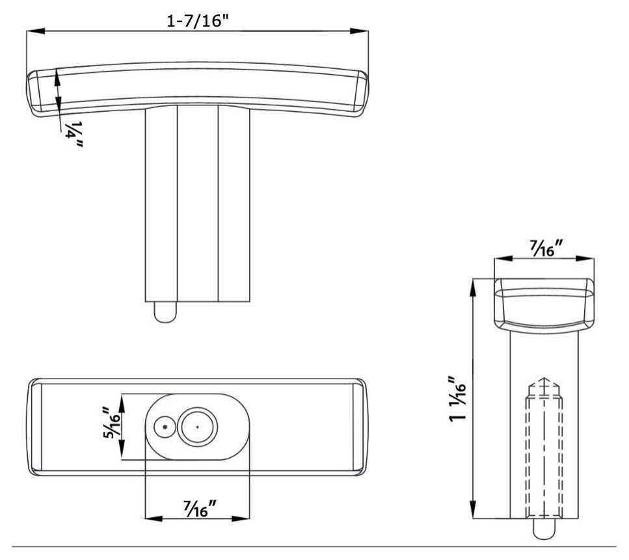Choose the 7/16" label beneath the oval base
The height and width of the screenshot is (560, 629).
196,508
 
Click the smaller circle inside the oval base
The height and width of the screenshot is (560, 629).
165,427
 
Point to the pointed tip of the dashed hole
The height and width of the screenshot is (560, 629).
543,379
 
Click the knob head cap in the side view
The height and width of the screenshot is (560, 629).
544,302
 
